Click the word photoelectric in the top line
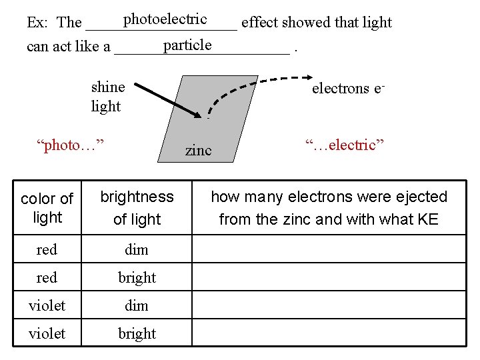165,19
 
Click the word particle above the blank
187,45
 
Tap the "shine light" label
107,97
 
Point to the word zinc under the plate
198,150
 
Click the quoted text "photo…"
72,145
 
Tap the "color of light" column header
47,207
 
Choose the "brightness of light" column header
137,207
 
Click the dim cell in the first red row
137,249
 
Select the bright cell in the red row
137,277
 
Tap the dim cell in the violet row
137,305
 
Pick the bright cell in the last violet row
137,333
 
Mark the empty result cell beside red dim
329,249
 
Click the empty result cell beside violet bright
329,333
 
